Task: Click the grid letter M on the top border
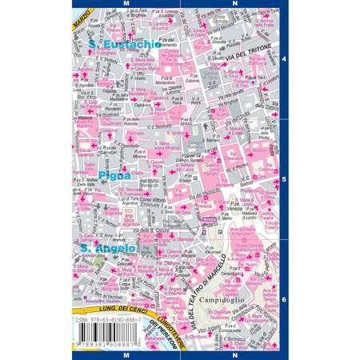coord(127,4)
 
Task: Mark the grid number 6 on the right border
coord(285,299)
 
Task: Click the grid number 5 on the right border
coord(285,179)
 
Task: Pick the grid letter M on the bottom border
coord(127,354)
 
